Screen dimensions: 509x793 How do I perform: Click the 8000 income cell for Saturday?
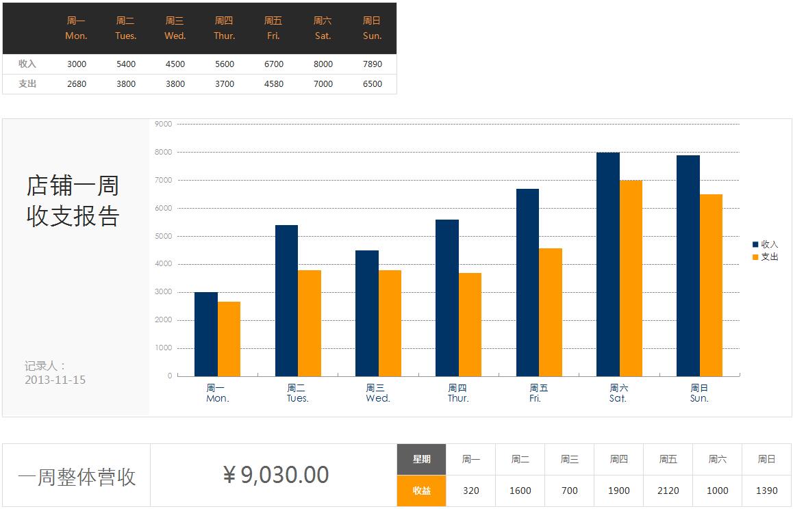[x=323, y=64]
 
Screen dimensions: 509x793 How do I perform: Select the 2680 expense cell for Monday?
[x=77, y=84]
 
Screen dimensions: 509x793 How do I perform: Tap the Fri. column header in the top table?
[x=273, y=28]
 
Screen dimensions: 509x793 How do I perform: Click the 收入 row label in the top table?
[x=27, y=64]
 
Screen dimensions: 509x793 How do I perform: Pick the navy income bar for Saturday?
[x=607, y=263]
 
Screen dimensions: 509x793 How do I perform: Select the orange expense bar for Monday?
[x=229, y=339]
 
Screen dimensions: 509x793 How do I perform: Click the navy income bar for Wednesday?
[x=367, y=313]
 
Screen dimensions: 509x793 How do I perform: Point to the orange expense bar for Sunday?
[x=711, y=285]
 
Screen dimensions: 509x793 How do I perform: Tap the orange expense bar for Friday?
[x=551, y=312]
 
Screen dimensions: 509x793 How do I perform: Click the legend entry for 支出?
[x=766, y=257]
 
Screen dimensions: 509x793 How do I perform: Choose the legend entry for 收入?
[x=766, y=244]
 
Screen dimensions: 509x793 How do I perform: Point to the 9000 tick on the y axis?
[x=164, y=124]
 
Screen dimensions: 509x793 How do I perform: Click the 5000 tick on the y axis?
[x=164, y=236]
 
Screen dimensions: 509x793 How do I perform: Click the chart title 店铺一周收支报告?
[x=73, y=200]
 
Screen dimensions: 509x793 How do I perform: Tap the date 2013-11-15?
[x=55, y=380]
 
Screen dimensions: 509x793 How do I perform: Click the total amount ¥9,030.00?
[x=276, y=475]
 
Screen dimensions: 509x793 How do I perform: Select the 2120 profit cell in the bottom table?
[x=668, y=491]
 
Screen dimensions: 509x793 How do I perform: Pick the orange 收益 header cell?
[x=421, y=491]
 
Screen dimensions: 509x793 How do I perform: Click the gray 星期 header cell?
[x=421, y=459]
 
